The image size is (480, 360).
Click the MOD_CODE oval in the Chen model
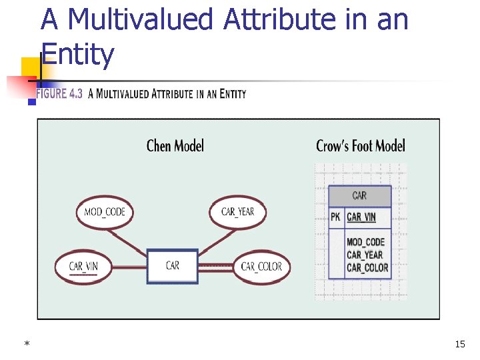(x=105, y=213)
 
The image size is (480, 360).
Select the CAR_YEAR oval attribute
(x=237, y=212)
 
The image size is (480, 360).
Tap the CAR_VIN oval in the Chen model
(x=83, y=267)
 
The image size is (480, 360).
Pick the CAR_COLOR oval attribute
(x=261, y=267)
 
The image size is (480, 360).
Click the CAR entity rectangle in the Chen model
(x=173, y=266)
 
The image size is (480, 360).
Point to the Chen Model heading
(x=175, y=145)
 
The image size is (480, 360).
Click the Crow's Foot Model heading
(x=360, y=145)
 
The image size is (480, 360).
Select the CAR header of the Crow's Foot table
(x=359, y=195)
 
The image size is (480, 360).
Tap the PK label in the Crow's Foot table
(x=335, y=217)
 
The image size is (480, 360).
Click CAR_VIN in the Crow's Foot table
(x=361, y=217)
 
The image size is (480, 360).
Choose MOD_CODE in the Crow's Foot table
(x=365, y=242)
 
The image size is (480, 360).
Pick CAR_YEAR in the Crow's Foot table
(x=364, y=255)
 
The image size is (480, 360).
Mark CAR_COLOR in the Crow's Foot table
(x=367, y=268)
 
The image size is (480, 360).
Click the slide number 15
(x=459, y=344)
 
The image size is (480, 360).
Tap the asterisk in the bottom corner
(x=27, y=344)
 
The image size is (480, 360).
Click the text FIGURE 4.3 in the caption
(x=59, y=94)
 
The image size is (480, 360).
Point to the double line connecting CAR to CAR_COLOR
(x=215, y=267)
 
